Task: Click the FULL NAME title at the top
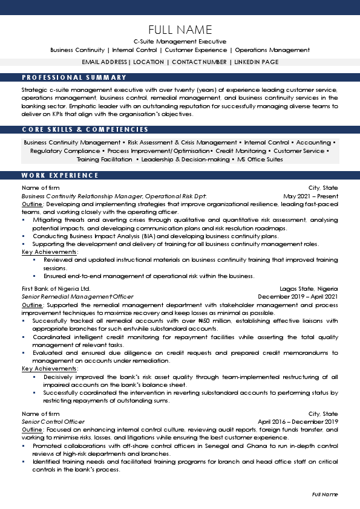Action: pyautogui.click(x=180, y=30)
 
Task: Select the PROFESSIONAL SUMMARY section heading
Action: pyautogui.click(x=74, y=77)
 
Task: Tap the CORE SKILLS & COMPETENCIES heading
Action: pyautogui.click(x=85, y=129)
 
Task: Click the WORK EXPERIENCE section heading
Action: pyautogui.click(x=60, y=175)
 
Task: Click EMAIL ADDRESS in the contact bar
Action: pyautogui.click(x=104, y=62)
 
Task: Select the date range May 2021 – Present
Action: pyautogui.click(x=310, y=196)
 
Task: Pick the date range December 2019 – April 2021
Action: pyautogui.click(x=298, y=297)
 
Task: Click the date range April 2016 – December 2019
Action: pyautogui.click(x=298, y=421)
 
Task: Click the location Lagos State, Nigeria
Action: pyautogui.click(x=309, y=289)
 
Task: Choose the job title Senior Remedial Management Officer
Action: pyautogui.click(x=77, y=297)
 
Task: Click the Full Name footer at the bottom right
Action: pyautogui.click(x=325, y=494)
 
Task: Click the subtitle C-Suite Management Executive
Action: pyautogui.click(x=180, y=41)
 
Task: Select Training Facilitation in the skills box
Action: pyautogui.click(x=104, y=159)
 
